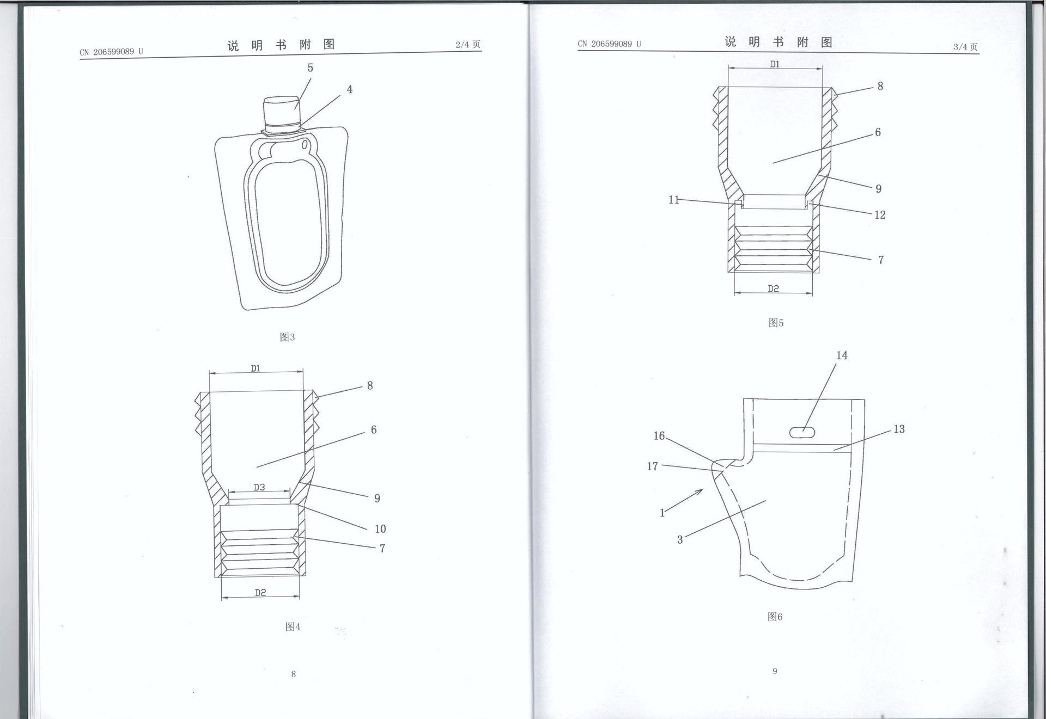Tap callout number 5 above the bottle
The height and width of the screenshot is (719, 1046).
tap(310, 68)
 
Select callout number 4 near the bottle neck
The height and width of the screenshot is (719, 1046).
tap(349, 89)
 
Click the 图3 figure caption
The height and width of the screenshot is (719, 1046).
tap(287, 337)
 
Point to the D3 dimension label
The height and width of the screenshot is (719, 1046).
tap(259, 487)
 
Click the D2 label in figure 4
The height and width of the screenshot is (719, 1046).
tap(260, 592)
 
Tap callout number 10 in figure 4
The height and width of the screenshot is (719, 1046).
tap(380, 529)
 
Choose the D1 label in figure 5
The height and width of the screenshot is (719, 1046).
tap(775, 64)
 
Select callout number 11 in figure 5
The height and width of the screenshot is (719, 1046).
tap(674, 200)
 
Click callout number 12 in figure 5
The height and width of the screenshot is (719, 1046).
tap(880, 215)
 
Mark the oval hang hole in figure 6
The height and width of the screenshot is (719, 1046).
tap(804, 432)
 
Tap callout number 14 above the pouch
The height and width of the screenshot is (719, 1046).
tap(842, 355)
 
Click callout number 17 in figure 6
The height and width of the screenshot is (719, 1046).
tap(652, 466)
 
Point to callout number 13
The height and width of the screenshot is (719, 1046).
tap(899, 429)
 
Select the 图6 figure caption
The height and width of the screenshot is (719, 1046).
tap(775, 617)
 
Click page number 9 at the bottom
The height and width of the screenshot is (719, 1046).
tap(775, 671)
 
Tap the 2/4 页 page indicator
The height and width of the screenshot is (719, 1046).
tap(468, 45)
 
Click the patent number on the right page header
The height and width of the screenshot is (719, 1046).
tap(609, 44)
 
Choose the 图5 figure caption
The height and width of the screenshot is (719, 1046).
tap(776, 323)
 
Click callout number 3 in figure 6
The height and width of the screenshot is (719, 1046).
tap(680, 540)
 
